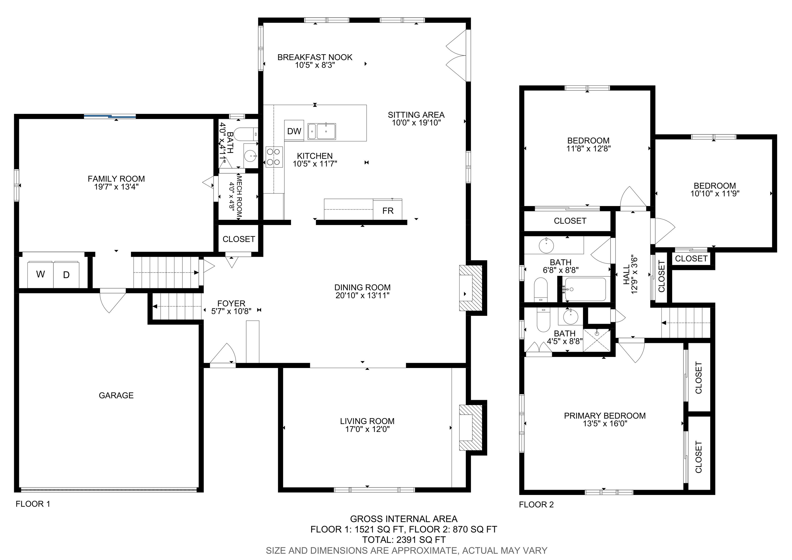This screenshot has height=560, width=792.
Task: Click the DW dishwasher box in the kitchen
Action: click(294, 131)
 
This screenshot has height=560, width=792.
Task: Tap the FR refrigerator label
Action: click(388, 211)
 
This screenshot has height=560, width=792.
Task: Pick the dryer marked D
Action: click(66, 275)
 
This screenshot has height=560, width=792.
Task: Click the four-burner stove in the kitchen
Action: click(274, 157)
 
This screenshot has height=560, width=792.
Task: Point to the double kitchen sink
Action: click(321, 131)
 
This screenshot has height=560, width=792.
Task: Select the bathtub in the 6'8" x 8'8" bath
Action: click(585, 289)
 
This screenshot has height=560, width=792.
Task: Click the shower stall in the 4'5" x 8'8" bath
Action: click(596, 340)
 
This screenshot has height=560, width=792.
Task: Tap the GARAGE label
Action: click(116, 395)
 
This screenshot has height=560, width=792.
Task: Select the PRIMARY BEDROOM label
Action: click(605, 416)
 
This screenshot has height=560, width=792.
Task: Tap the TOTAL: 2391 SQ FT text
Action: click(403, 540)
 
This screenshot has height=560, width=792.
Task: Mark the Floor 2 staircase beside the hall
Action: click(686, 323)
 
